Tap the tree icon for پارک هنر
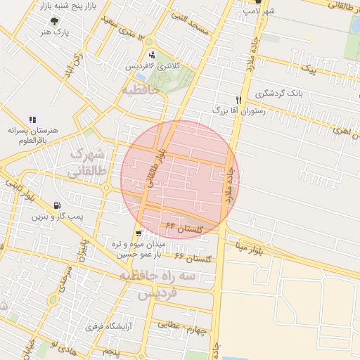(54, 20)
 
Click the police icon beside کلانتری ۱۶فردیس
(152, 55)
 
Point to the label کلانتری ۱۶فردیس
(153, 65)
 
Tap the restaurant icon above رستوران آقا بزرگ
(239, 99)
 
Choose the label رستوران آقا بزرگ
(236, 111)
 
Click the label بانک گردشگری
(279, 94)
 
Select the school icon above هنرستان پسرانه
(32, 120)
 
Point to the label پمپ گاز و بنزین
(56, 217)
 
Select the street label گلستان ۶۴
(185, 227)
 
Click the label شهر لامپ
(259, 11)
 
